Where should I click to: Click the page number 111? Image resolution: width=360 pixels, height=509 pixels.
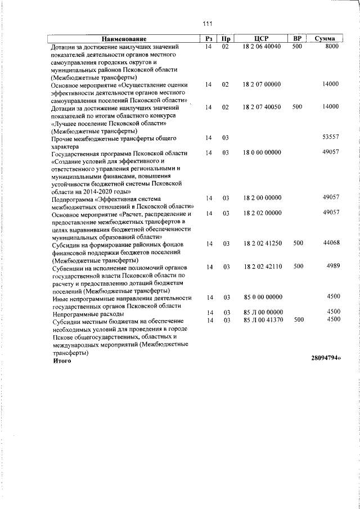pyautogui.click(x=206, y=23)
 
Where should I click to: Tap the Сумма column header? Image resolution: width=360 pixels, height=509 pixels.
pyautogui.click(x=325, y=39)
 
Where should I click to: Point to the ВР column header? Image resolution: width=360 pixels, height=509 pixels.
pyautogui.click(x=298, y=39)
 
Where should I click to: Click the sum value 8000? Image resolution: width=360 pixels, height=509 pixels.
pyautogui.click(x=331, y=47)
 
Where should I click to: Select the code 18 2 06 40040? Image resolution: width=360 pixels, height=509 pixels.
pyautogui.click(x=261, y=47)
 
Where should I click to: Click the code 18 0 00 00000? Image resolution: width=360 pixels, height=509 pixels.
pyautogui.click(x=261, y=152)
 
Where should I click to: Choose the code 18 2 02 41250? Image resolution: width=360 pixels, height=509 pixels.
pyautogui.click(x=261, y=244)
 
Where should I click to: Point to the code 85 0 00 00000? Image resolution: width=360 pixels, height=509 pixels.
pyautogui.click(x=261, y=297)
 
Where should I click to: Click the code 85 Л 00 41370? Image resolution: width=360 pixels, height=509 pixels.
pyautogui.click(x=261, y=319)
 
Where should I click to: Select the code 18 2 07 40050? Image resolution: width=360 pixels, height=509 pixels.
pyautogui.click(x=261, y=107)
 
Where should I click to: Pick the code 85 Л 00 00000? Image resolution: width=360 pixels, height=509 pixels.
pyautogui.click(x=261, y=312)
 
